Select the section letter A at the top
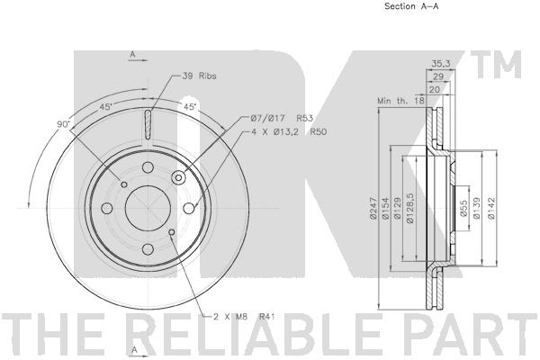coord(132,55)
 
